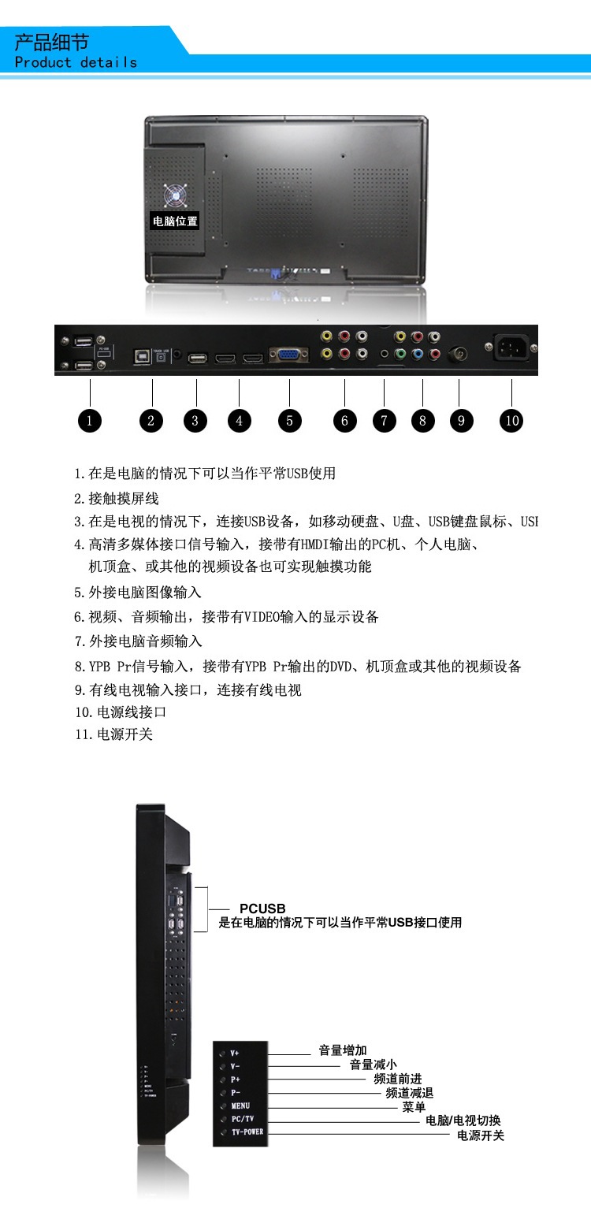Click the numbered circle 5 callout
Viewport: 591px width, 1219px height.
point(289,421)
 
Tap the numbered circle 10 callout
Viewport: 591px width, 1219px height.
point(512,421)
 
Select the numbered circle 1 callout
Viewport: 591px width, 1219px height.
point(90,421)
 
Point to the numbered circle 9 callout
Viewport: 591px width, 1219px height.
point(461,421)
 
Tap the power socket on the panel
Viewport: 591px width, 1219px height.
point(511,347)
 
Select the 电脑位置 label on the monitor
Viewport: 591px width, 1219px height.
point(175,221)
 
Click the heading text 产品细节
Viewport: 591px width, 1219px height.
point(52,42)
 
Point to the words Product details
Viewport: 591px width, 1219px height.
point(76,62)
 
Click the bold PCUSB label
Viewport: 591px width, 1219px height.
point(262,909)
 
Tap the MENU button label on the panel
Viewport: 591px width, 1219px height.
point(240,1106)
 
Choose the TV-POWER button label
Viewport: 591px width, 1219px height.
point(247,1132)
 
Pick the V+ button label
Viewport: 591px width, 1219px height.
point(235,1053)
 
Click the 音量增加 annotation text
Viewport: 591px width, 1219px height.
point(342,1050)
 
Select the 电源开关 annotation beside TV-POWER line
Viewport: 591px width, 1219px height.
point(481,1135)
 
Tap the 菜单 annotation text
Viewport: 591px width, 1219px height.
point(414,1107)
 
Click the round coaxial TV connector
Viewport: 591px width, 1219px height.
point(458,355)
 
